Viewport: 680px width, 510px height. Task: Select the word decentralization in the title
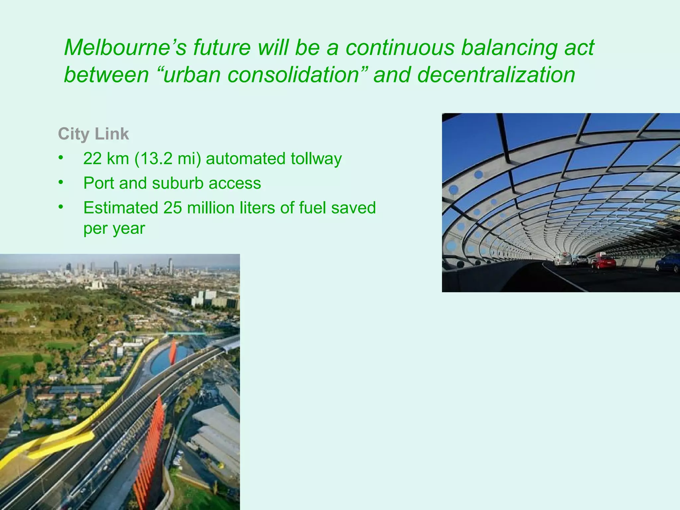click(496, 75)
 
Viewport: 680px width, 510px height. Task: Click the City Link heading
click(93, 134)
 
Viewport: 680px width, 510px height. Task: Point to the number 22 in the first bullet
click(92, 159)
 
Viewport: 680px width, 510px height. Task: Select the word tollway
click(316, 159)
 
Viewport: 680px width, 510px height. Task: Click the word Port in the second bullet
click(98, 183)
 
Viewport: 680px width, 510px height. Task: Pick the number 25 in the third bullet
click(172, 208)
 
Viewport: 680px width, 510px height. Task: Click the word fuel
click(312, 208)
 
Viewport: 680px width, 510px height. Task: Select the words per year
click(114, 228)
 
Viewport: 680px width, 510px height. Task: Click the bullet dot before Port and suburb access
click(60, 182)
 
